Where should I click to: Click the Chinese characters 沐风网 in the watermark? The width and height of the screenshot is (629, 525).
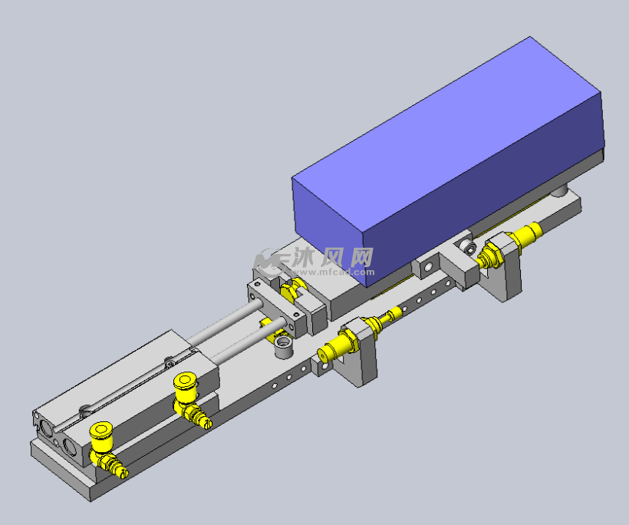[330, 257]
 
